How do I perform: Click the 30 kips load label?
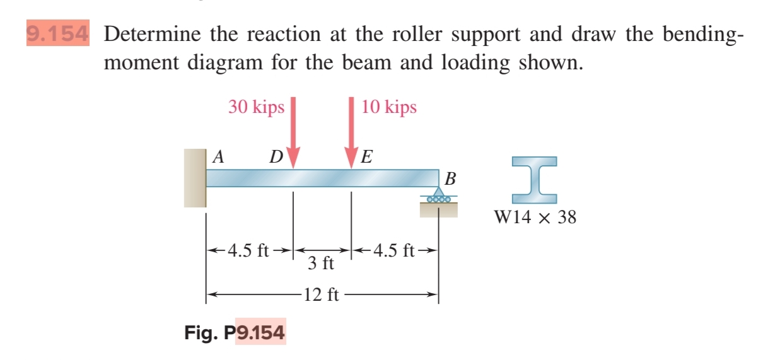256,107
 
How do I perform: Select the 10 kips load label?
389,107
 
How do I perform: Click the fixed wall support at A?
195,178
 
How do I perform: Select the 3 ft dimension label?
321,262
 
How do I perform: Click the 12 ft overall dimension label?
322,294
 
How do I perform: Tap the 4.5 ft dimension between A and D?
248,251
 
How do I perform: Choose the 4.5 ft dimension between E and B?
393,251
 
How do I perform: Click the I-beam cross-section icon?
535,180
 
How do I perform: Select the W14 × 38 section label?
535,218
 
